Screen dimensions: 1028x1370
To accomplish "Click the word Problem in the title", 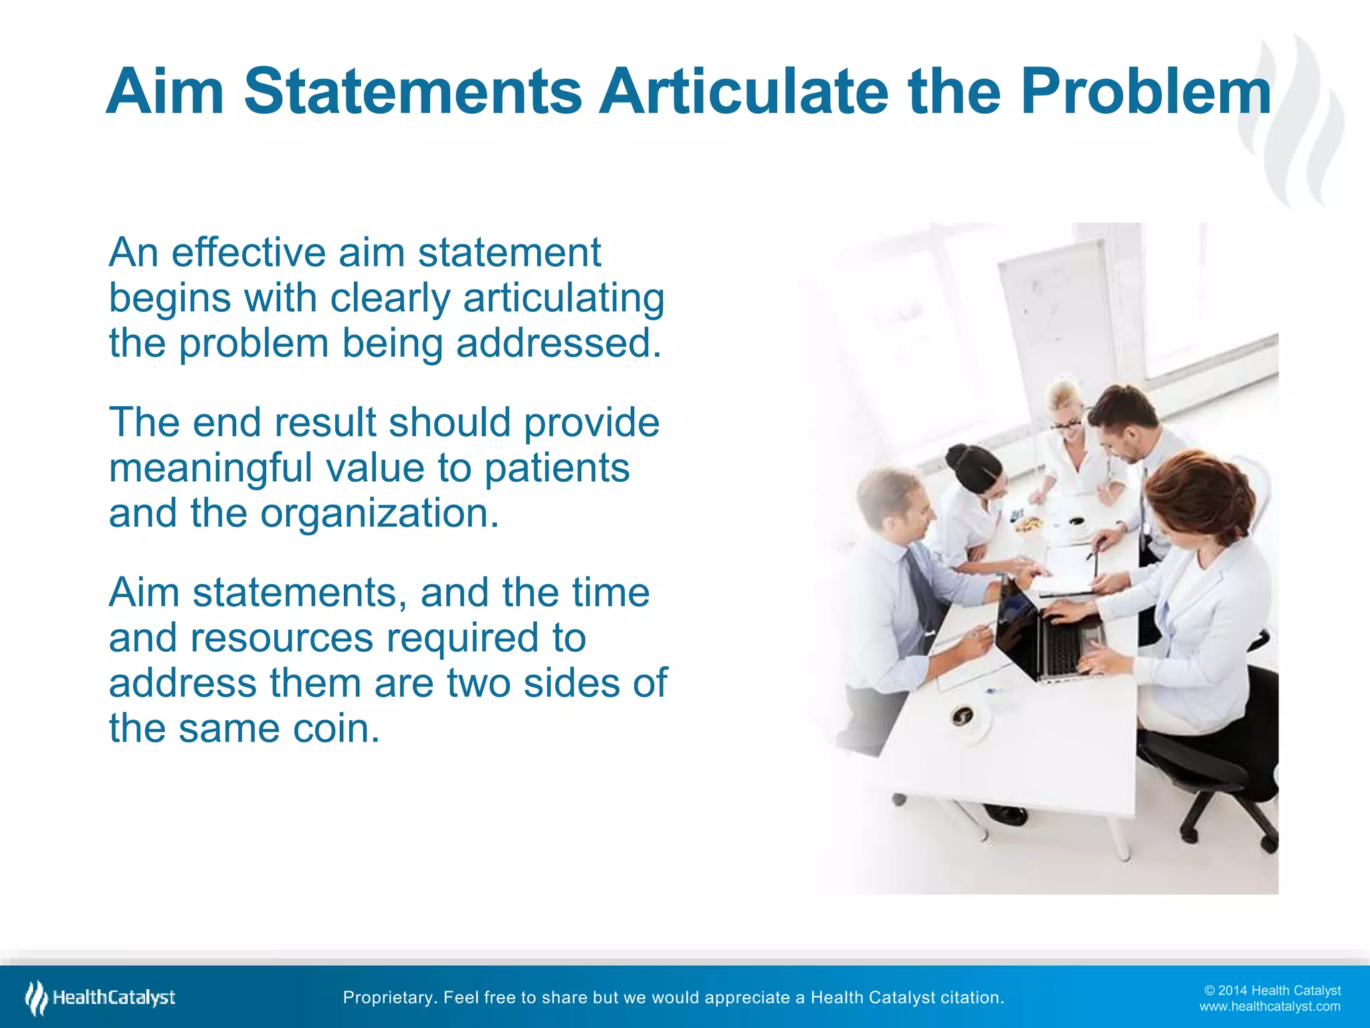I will [1145, 92].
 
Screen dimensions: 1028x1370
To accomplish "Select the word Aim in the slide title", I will [165, 92].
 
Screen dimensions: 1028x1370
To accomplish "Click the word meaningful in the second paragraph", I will [210, 468].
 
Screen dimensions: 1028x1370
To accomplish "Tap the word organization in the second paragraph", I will [379, 513].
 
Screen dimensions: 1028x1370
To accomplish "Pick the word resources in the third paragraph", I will [282, 638].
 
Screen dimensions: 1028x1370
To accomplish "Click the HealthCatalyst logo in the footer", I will [100, 998].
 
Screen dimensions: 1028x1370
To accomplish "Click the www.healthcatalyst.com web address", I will [1270, 1007].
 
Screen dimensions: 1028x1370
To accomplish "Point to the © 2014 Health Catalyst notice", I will [1272, 991].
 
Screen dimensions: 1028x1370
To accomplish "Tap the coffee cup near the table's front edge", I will [964, 717].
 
